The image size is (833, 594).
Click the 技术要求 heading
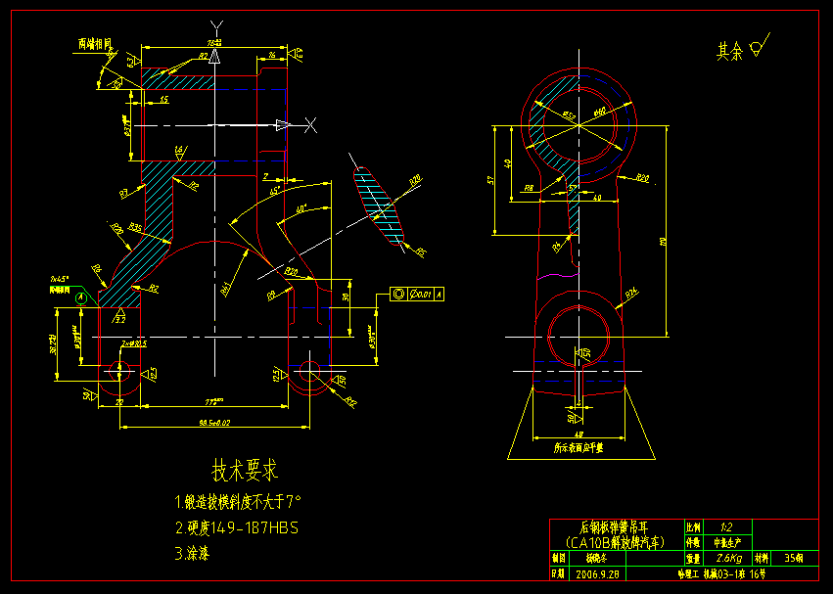click(x=246, y=471)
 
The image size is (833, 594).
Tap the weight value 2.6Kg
click(x=722, y=558)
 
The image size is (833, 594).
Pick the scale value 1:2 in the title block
click(x=724, y=526)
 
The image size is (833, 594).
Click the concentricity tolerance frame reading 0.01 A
click(x=416, y=294)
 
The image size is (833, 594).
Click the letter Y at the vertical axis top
click(x=216, y=24)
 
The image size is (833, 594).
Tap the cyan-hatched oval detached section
click(x=379, y=204)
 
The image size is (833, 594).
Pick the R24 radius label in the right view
click(x=631, y=291)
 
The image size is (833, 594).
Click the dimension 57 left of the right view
click(x=489, y=180)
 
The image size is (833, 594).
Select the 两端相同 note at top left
click(x=95, y=43)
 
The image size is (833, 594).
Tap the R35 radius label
click(x=135, y=227)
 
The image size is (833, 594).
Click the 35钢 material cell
click(x=795, y=558)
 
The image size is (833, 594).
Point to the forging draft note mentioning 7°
click(x=238, y=501)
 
